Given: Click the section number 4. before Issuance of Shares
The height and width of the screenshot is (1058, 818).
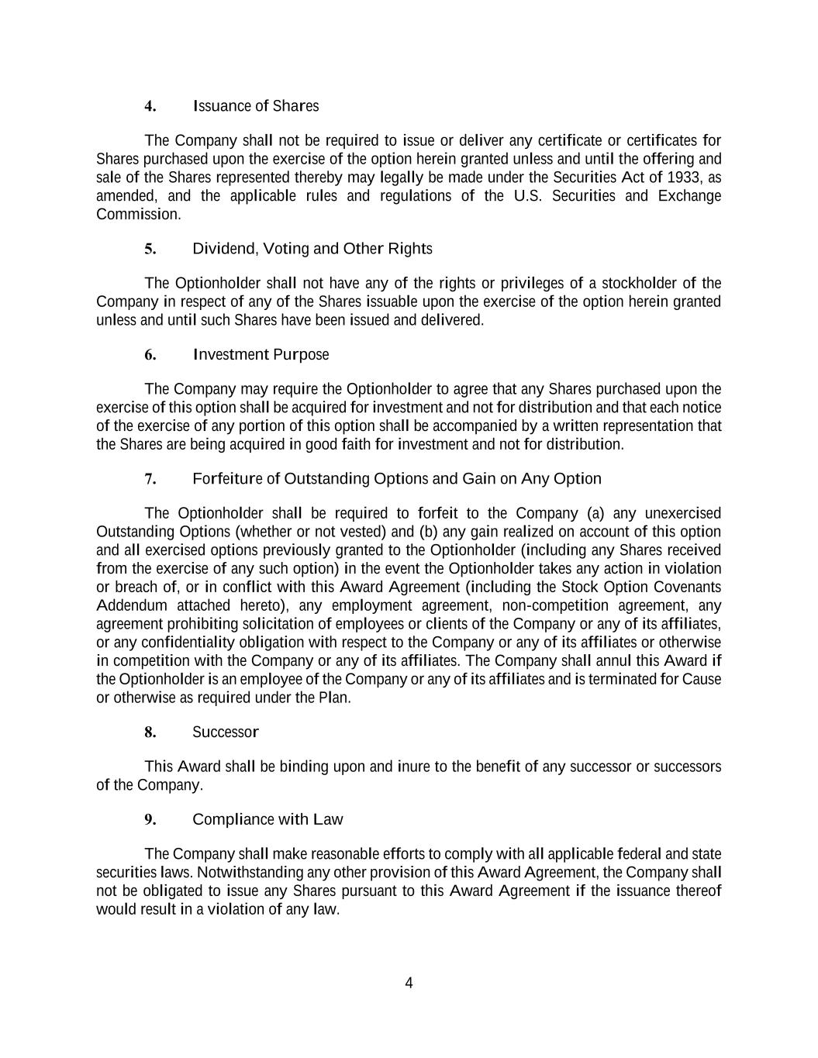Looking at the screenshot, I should point(150,106).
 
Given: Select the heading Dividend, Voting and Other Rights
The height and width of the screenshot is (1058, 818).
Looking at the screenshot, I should point(312,249).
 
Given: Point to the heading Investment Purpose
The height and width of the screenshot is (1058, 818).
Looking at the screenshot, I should point(261,355).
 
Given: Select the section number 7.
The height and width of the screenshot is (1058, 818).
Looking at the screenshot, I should point(150,479).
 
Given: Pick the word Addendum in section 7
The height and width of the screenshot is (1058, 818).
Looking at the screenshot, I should point(131,606).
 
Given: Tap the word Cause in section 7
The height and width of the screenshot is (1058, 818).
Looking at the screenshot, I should point(702,680).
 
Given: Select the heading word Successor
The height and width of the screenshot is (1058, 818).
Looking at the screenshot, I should point(225,732).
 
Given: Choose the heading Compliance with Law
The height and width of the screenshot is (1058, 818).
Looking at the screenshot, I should point(267,820).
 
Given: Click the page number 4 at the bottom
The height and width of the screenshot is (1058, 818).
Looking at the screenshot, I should point(409,984).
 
